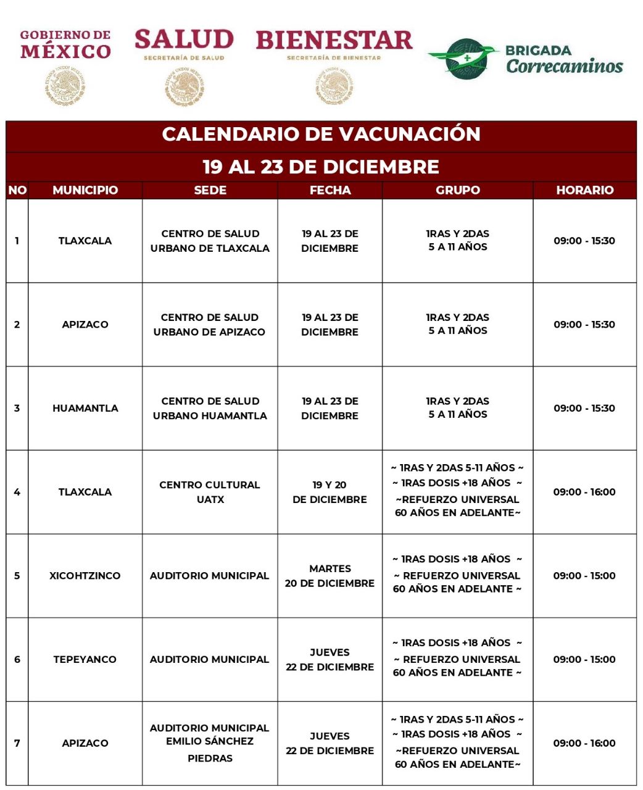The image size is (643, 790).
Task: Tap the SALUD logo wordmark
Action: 184,40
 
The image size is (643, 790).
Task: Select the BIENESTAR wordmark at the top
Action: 334,40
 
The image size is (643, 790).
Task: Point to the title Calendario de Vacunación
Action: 321,134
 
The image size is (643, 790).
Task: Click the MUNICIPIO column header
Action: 85,190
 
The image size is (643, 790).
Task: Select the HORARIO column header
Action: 584,190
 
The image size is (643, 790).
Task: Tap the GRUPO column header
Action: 457,190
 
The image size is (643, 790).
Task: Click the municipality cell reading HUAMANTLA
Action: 85,408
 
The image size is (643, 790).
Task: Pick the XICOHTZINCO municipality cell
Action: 85,575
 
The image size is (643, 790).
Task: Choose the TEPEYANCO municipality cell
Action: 85,659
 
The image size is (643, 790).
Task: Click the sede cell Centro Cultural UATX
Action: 210,492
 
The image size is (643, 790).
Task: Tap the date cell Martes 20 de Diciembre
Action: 330,576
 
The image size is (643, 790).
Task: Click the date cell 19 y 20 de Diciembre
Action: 330,492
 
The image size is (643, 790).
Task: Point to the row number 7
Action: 17,743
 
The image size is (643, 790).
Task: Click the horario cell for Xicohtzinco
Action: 584,575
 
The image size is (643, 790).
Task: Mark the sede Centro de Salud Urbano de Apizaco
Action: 210,325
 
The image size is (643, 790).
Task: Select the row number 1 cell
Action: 17,241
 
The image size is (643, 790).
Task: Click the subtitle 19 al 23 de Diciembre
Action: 321,167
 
